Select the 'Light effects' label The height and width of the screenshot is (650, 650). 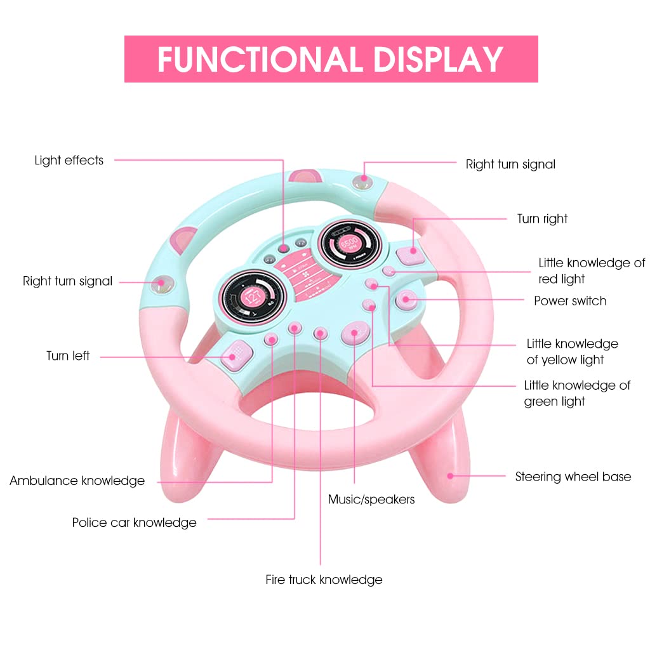point(69,161)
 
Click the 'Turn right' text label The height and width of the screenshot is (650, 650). point(542,219)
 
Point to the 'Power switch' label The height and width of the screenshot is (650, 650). point(570,301)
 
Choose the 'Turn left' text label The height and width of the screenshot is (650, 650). point(68,356)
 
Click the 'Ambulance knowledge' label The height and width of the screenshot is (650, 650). point(77,481)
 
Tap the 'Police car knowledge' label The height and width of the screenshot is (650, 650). point(134,523)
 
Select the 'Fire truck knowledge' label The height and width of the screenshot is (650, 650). point(324,580)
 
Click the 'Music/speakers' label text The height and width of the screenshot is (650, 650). point(371,500)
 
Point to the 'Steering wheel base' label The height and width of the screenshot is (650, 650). point(573,477)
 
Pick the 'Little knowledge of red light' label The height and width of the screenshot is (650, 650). point(592,271)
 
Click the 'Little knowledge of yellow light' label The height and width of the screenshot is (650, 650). point(572,352)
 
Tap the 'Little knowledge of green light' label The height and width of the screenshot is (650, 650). point(577,393)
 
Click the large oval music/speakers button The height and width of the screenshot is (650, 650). point(355,332)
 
